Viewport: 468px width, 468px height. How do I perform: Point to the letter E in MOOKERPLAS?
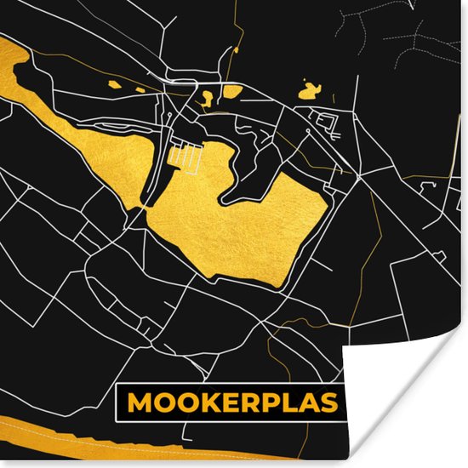[x=231, y=402]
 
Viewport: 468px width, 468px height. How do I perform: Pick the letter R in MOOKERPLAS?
[x=251, y=402]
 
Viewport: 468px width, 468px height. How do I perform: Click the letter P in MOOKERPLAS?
[x=272, y=402]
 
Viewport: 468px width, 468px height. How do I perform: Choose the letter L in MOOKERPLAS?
[x=291, y=402]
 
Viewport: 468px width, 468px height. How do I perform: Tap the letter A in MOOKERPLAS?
[x=309, y=402]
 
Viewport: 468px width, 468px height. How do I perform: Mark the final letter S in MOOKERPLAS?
[x=329, y=402]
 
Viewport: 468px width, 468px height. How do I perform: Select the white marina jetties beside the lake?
[x=185, y=157]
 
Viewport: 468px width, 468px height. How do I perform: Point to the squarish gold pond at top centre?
[x=232, y=90]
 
